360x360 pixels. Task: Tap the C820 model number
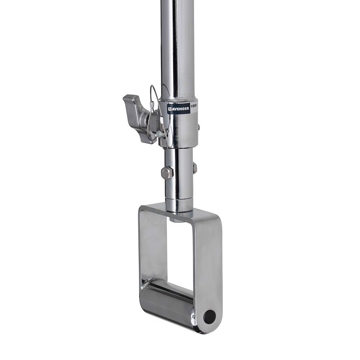[x=194, y=106]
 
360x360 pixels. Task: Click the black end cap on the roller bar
[x=210, y=316]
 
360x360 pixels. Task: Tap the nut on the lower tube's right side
[x=195, y=168]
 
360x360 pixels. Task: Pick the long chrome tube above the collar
[x=177, y=47]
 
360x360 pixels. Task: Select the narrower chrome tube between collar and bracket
[x=179, y=173]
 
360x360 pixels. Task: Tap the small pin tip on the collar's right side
[x=198, y=127]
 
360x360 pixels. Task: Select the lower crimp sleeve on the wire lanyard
[x=158, y=134]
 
